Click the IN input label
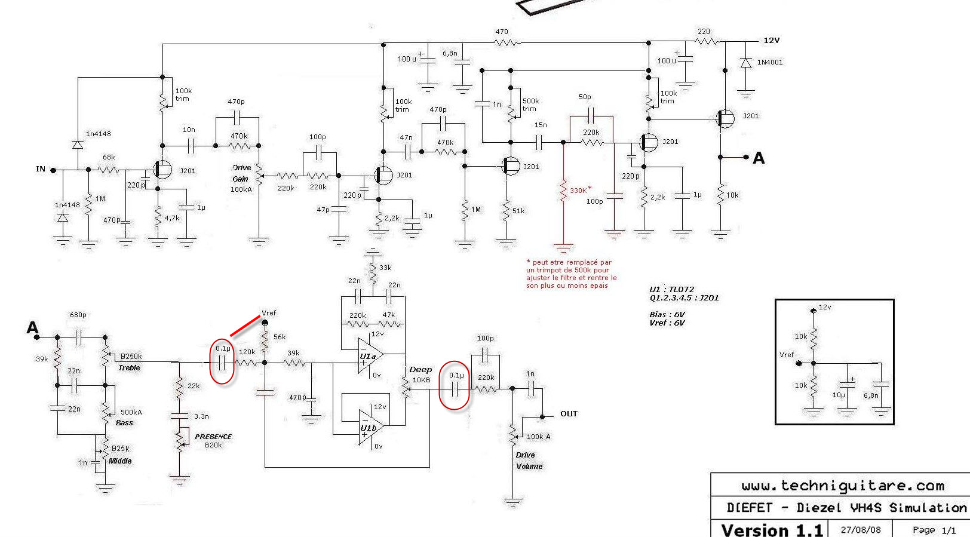[41, 169]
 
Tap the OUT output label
[569, 413]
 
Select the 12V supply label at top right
[772, 41]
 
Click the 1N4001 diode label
[769, 62]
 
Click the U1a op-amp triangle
[369, 356]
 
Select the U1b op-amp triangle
[369, 428]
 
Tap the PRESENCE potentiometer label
[213, 437]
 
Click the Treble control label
[129, 368]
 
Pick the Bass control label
[124, 423]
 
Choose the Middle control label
[120, 461]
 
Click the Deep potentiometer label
[420, 370]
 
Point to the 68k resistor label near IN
[109, 158]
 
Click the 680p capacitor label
[78, 315]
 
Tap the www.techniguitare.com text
[843, 486]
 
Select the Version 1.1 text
[772, 530]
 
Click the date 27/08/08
[861, 530]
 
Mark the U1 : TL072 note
[672, 289]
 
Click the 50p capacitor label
[585, 97]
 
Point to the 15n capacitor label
[541, 125]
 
